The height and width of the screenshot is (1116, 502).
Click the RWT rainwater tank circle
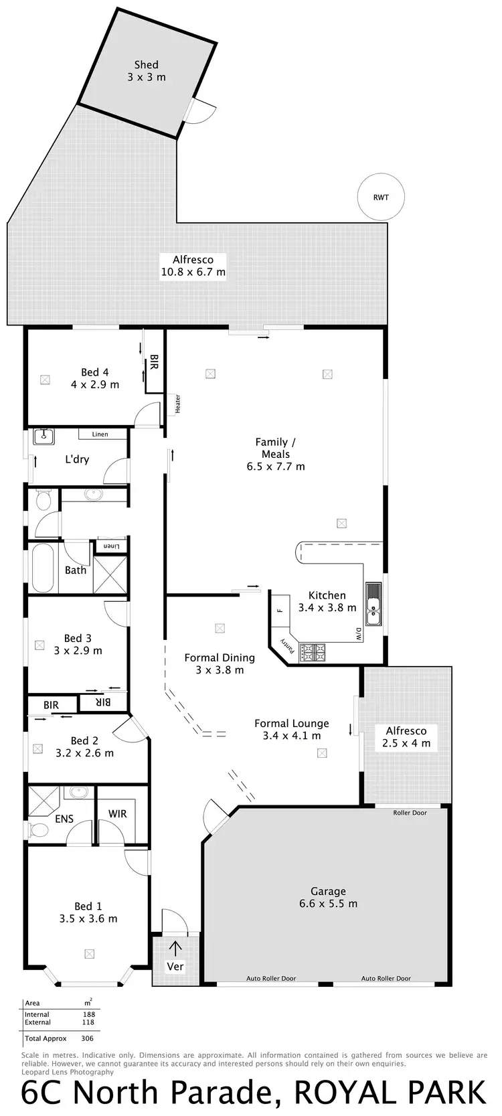pos(381,197)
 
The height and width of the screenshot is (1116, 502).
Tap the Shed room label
pos(146,65)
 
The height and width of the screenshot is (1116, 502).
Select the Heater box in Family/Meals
pos(177,403)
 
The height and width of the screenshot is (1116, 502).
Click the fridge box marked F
pos(280,610)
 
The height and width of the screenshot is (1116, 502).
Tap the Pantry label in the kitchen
pos(286,647)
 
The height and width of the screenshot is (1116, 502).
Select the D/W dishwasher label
pos(358,633)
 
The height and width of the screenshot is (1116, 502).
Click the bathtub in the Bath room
pos(42,568)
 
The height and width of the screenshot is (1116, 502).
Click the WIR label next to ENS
pos(118,813)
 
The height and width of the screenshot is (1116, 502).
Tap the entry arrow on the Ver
pos(175,948)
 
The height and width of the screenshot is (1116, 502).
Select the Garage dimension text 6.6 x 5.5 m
pos(328,903)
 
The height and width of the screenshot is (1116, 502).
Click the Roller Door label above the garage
pos(410,813)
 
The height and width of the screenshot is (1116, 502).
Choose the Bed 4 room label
pos(95,372)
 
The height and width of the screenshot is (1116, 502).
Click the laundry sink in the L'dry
pos(44,436)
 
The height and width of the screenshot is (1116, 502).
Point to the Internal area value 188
pos(88,1014)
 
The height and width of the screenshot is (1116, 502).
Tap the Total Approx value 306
pos(86,1038)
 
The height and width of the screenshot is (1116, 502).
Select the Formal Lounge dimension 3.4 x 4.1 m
pos(292,735)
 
